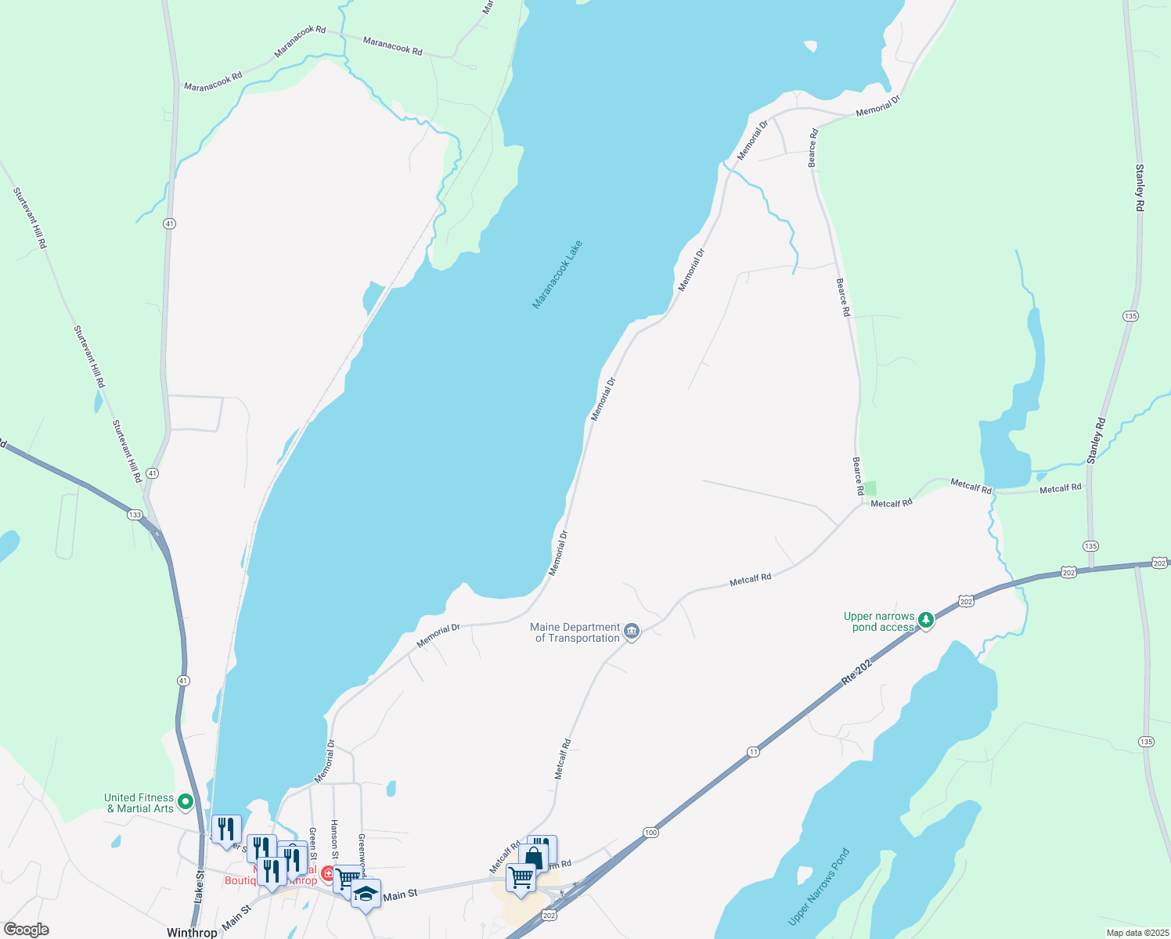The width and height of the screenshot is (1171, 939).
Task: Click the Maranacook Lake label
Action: pos(557,275)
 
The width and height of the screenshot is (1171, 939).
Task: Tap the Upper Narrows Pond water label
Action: pos(819,887)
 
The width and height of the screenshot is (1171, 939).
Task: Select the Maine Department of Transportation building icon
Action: pos(632,631)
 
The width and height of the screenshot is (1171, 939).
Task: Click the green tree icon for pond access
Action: pos(926,621)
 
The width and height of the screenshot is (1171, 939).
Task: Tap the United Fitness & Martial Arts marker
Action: pos(186,801)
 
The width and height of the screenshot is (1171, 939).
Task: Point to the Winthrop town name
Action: pos(192,933)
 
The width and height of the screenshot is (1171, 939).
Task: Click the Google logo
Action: pos(27,930)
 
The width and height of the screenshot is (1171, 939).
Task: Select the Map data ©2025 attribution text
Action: pos(1136,933)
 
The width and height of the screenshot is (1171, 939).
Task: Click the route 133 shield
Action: pos(135,515)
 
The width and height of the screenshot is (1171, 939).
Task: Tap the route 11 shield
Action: pos(753,752)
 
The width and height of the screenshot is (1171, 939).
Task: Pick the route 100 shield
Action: pos(651,833)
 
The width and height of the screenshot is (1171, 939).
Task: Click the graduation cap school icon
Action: pos(366,894)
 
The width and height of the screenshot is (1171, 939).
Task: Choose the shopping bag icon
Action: pos(534,858)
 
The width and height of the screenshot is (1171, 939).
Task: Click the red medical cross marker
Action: pos(329,872)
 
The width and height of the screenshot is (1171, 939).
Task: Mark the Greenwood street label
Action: pos(362,848)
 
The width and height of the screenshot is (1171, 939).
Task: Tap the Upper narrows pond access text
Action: pos(878,621)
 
